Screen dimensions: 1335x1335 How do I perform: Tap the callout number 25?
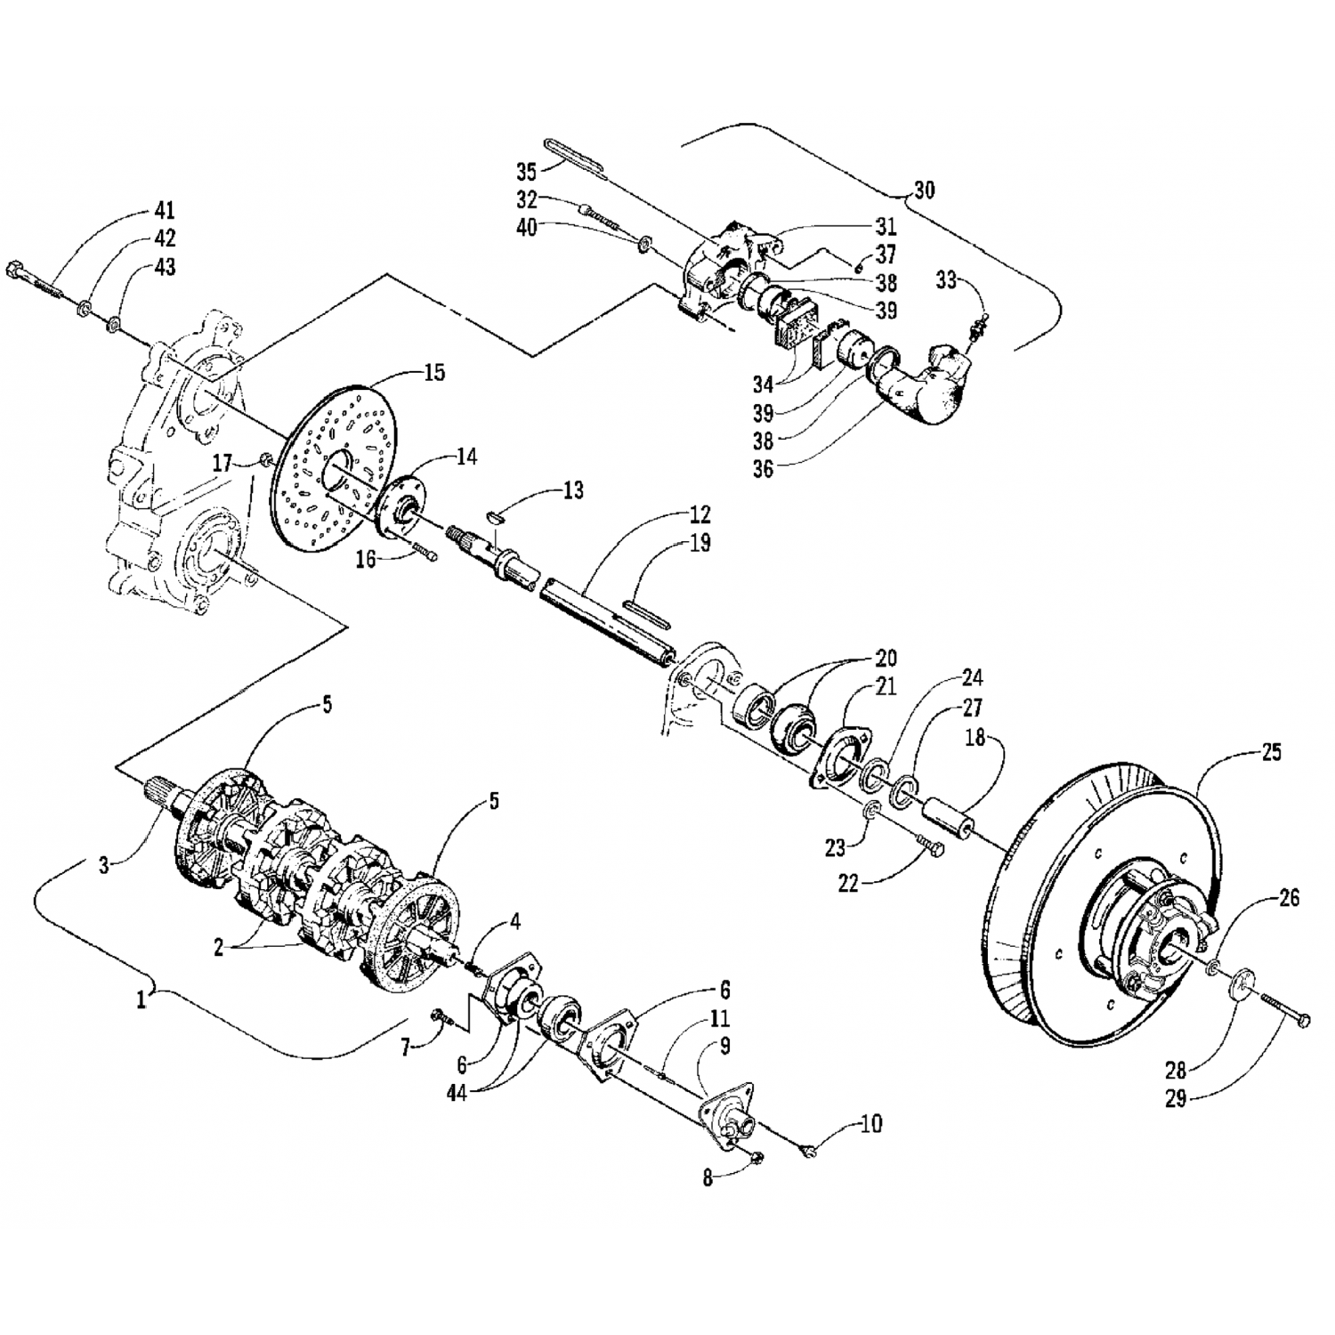coord(1271,753)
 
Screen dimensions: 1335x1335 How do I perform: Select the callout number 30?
coord(924,190)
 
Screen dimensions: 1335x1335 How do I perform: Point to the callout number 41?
coord(164,211)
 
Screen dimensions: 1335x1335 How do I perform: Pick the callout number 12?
coord(700,514)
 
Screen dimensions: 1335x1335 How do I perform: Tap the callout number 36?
coord(762,469)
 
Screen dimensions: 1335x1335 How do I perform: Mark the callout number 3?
coord(104,864)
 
